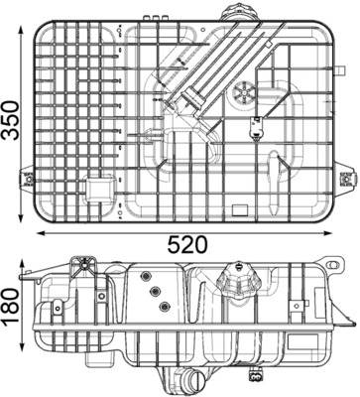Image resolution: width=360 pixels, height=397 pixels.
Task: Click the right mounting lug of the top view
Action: point(346,180)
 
